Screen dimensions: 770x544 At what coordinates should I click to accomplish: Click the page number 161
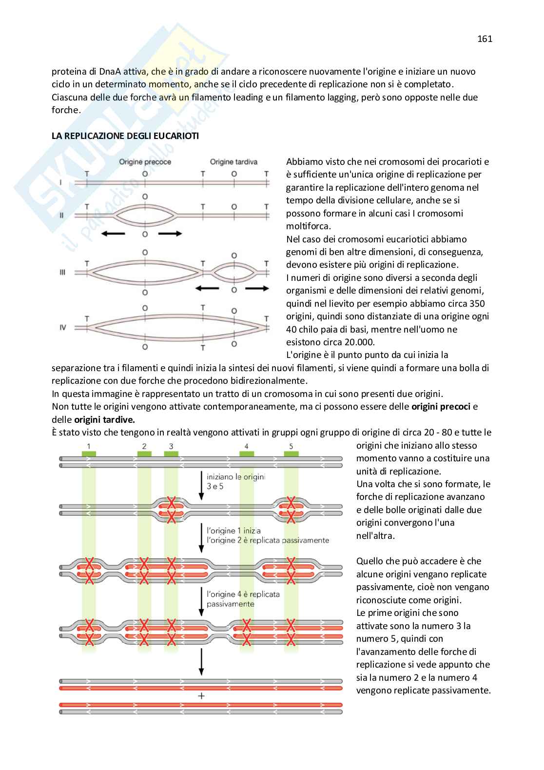485,39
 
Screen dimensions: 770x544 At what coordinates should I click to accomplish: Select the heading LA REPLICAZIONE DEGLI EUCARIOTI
125,136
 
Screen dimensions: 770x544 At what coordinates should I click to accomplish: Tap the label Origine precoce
145,162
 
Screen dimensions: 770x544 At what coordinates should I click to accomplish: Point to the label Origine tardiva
233,162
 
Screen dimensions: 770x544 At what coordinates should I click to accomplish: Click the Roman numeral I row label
60,182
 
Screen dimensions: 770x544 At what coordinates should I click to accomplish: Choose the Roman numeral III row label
62,272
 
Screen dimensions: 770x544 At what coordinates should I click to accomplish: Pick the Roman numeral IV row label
62,327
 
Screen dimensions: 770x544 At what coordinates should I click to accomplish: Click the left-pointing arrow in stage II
113,234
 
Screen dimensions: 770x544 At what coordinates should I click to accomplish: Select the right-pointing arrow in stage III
257,289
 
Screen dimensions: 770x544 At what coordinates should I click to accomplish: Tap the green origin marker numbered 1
89,454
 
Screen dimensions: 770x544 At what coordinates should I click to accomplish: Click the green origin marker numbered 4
247,454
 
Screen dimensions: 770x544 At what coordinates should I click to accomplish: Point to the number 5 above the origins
291,446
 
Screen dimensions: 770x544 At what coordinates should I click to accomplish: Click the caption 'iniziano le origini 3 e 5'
235,481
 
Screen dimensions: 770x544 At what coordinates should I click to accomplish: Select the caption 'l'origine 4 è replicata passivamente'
243,599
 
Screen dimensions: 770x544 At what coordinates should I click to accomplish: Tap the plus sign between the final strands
201,696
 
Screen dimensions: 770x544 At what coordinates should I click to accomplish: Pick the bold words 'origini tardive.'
104,419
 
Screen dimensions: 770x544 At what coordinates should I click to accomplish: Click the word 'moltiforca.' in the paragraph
309,226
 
